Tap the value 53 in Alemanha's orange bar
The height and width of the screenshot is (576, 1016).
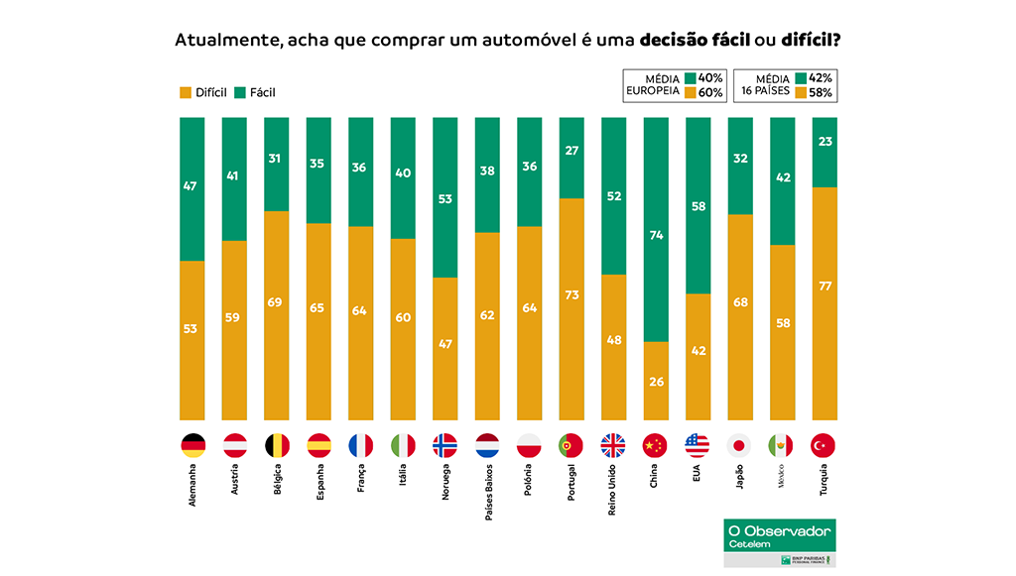[192, 328]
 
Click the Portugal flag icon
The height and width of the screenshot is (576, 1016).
[571, 445]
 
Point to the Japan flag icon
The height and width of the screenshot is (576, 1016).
[740, 445]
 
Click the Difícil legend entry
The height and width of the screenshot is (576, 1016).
[203, 92]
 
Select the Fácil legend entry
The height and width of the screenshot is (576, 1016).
[255, 92]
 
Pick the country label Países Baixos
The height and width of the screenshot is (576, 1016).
[487, 485]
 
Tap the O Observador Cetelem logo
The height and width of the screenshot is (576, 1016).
[779, 536]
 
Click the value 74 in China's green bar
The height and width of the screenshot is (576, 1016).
[656, 236]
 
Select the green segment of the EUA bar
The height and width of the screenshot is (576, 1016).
[698, 205]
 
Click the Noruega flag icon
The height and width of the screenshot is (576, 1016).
[445, 445]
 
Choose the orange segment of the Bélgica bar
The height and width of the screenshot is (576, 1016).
[277, 314]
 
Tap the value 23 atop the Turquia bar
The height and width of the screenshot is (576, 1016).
[824, 142]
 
